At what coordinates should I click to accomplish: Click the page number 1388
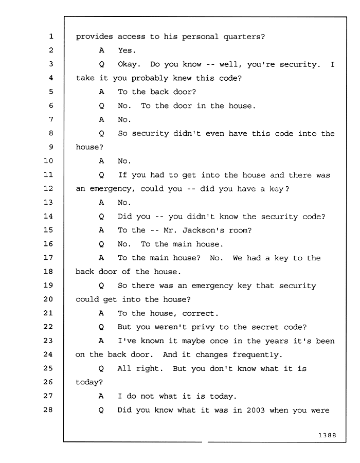pyautogui.click(x=327, y=435)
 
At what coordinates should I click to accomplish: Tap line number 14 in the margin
pyautogui.click(x=48, y=216)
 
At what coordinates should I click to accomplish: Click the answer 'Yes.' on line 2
pyautogui.click(x=127, y=50)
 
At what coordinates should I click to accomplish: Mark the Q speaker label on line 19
pyautogui.click(x=101, y=286)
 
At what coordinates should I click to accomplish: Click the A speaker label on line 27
pyautogui.click(x=101, y=396)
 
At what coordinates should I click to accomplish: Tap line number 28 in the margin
pyautogui.click(x=48, y=409)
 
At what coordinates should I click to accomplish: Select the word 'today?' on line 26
pyautogui.click(x=89, y=382)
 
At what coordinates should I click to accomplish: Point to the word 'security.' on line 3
pyautogui.click(x=300, y=64)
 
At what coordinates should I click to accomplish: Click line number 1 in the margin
pyautogui.click(x=51, y=37)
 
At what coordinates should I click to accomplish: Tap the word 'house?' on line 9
pyautogui.click(x=89, y=147)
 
